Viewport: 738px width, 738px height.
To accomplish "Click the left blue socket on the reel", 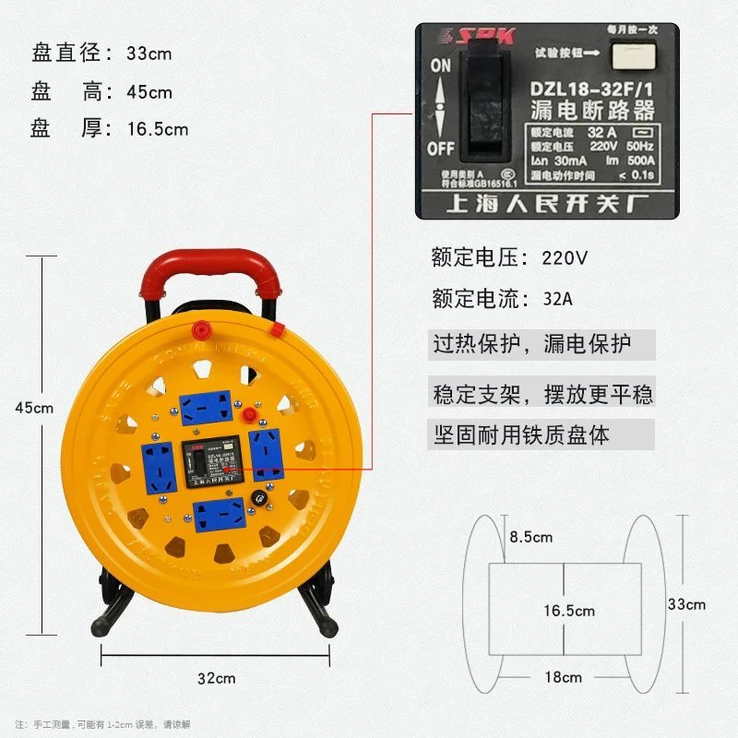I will pos(157,460).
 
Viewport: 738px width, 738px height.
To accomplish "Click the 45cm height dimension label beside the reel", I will pos(34,408).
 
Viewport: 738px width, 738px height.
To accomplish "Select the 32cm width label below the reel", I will pos(216,677).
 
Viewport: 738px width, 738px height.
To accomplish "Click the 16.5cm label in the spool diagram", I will pos(569,611).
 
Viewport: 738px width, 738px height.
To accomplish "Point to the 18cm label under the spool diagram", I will pos(563,677).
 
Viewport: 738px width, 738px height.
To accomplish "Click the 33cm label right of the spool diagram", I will pos(686,604).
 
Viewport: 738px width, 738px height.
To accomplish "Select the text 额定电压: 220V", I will pos(509,257).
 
